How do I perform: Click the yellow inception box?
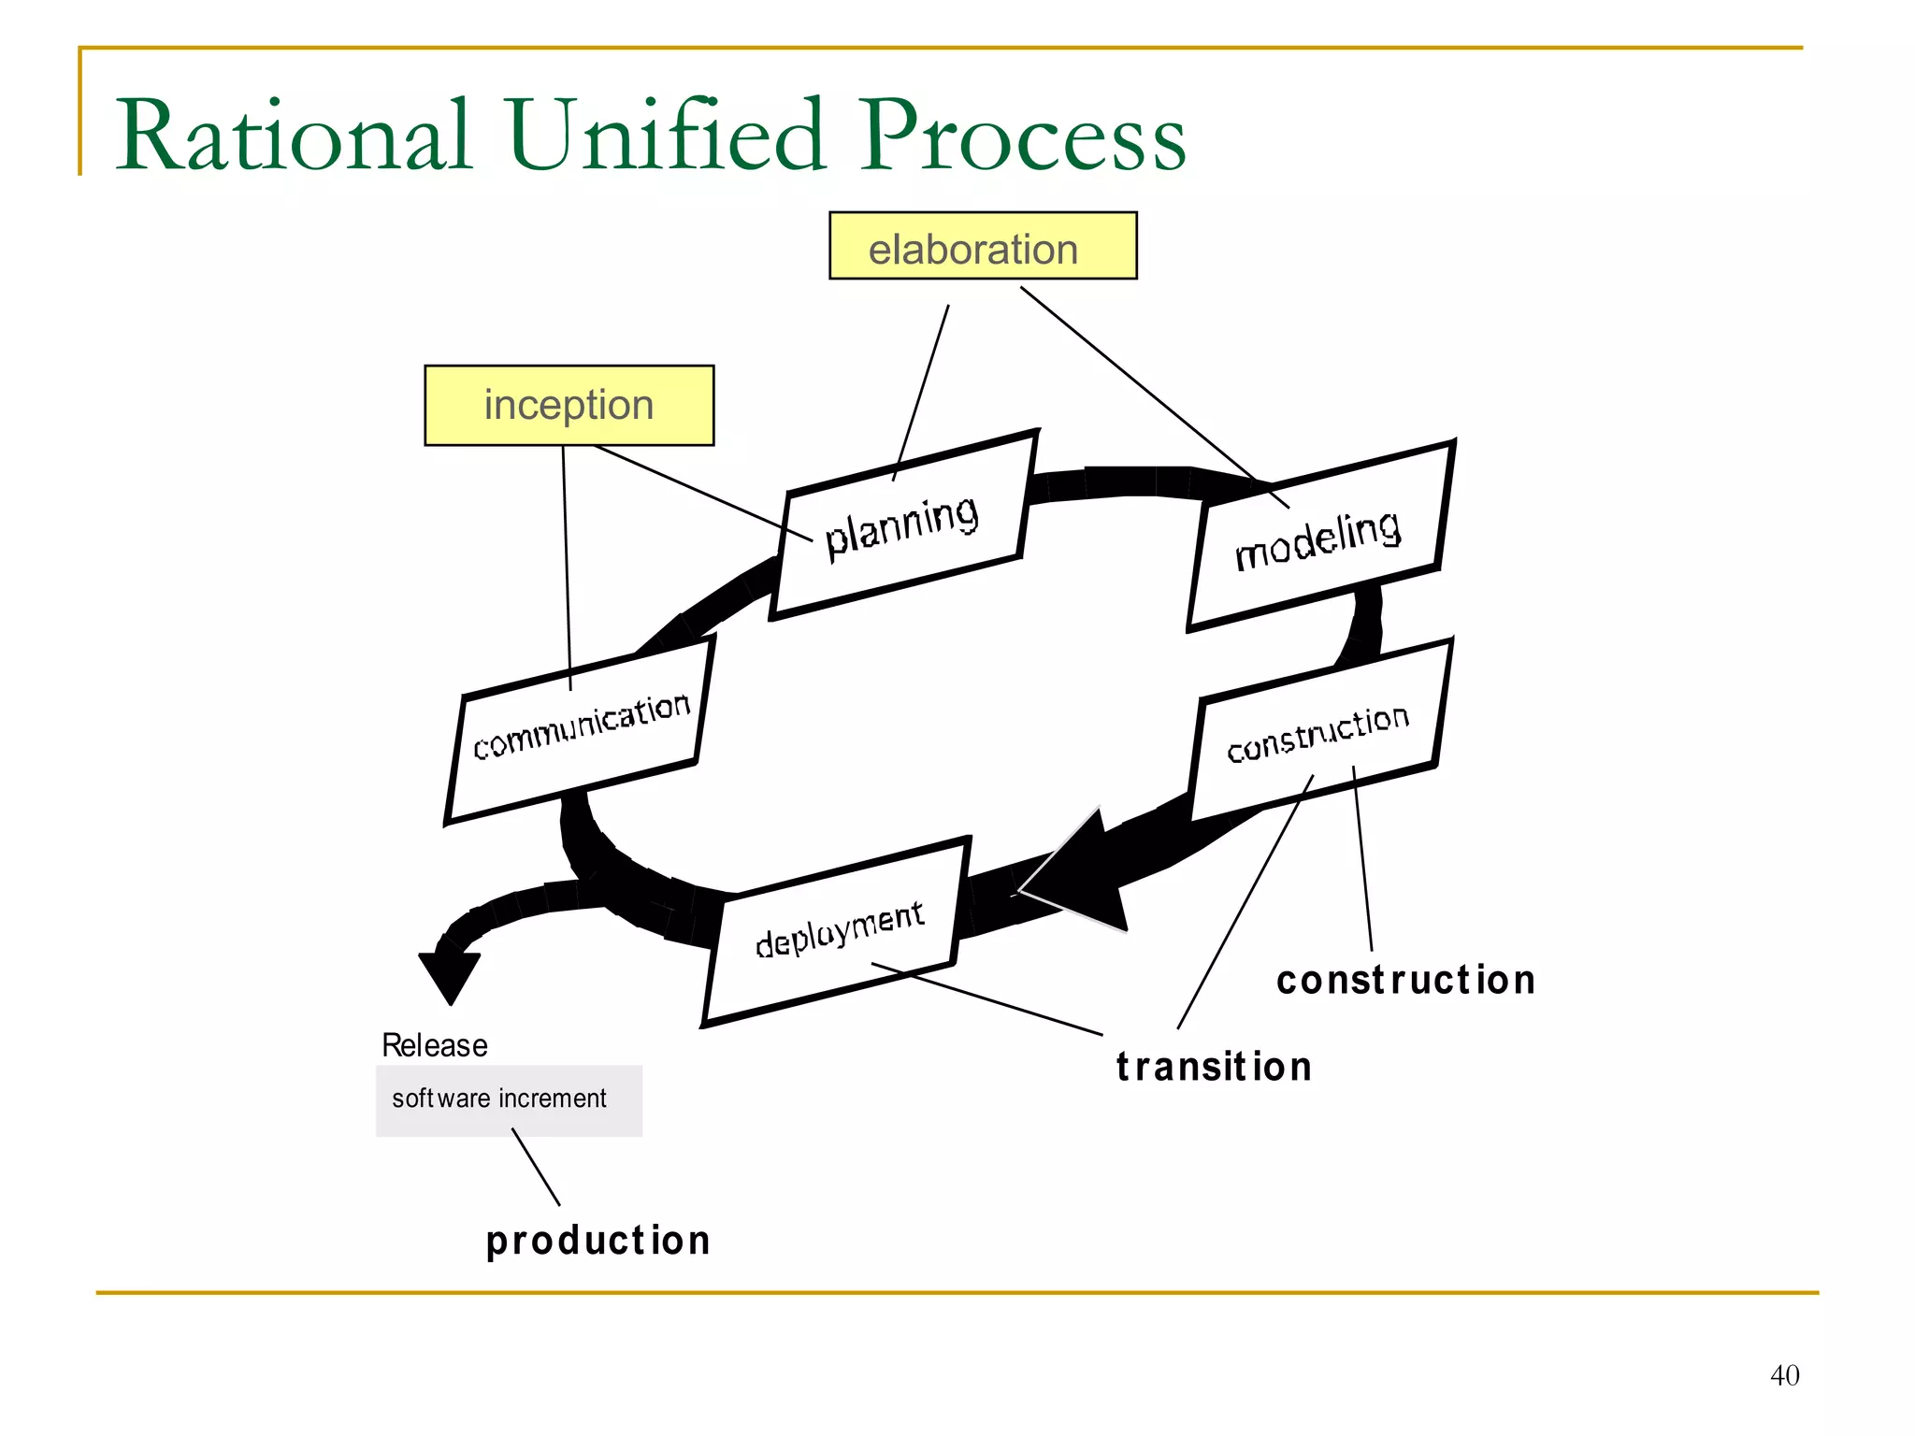coord(569,405)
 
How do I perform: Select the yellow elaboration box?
coord(982,246)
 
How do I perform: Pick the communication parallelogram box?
coord(581,729)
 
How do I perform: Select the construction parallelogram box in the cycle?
coord(1318,732)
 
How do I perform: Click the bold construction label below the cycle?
coord(1405,981)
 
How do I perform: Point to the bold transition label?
coord(1214,1067)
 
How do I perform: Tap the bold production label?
coord(598,1241)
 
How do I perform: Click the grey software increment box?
coord(509,1100)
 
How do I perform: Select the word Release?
coord(435,1045)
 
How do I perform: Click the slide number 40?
coord(1784,1375)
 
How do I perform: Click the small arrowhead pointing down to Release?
coord(450,974)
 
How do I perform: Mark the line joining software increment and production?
coord(536,1167)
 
